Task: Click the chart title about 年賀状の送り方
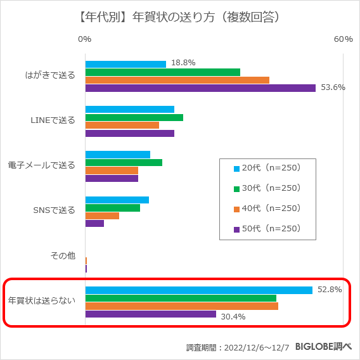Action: pyautogui.click(x=179, y=18)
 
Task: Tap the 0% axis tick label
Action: pyautogui.click(x=84, y=39)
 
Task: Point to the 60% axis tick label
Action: pyautogui.click(x=343, y=39)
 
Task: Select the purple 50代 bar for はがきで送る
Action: pyautogui.click(x=200, y=88)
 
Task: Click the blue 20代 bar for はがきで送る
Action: pyautogui.click(x=125, y=64)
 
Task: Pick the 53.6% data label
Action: pyautogui.click(x=333, y=87)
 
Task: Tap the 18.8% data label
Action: pyautogui.click(x=183, y=63)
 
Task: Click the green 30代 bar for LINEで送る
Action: pyautogui.click(x=134, y=117)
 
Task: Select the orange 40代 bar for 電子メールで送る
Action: pyautogui.click(x=112, y=170)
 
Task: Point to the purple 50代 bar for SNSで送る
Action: pyautogui.click(x=94, y=223)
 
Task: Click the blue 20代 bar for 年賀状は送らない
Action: pyautogui.click(x=199, y=290)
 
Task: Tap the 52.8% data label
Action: pyautogui.click(x=330, y=290)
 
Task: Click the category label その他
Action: pyautogui.click(x=63, y=256)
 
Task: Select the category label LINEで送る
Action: pyautogui.click(x=53, y=120)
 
